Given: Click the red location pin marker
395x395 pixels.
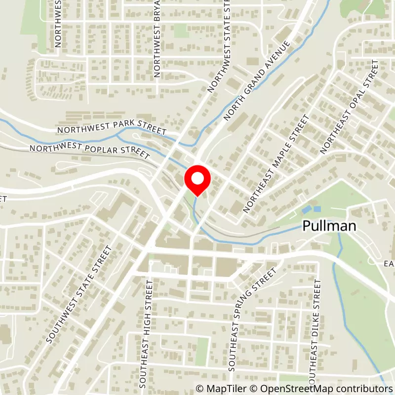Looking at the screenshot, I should click(197, 181).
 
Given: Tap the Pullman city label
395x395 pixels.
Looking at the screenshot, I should click(329, 227).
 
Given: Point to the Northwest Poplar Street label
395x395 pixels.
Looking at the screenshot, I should click(89, 152).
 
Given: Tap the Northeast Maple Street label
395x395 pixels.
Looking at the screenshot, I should click(276, 163).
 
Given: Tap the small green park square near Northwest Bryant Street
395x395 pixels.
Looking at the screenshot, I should click(181, 31).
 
